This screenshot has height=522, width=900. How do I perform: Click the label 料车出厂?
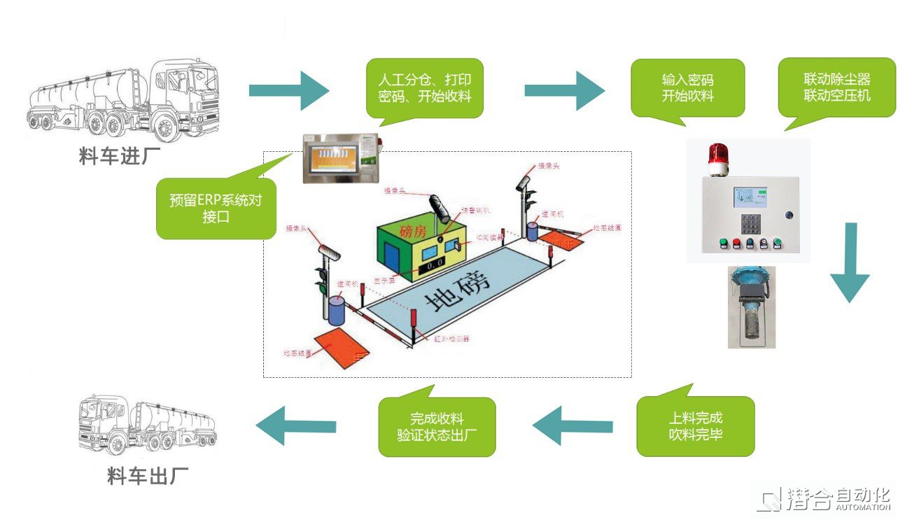point(148,478)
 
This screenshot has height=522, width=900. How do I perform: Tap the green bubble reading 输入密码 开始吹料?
point(688,88)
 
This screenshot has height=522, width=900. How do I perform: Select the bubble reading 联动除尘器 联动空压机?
point(836,87)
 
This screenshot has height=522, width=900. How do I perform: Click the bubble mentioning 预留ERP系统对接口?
point(216,209)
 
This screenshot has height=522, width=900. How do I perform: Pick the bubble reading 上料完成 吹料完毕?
point(696,426)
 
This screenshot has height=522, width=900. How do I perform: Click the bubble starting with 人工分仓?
point(425,87)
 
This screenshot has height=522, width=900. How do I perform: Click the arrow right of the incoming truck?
point(288,90)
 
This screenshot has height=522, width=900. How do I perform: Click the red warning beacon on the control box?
point(718,158)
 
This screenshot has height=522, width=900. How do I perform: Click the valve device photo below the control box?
point(751,307)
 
